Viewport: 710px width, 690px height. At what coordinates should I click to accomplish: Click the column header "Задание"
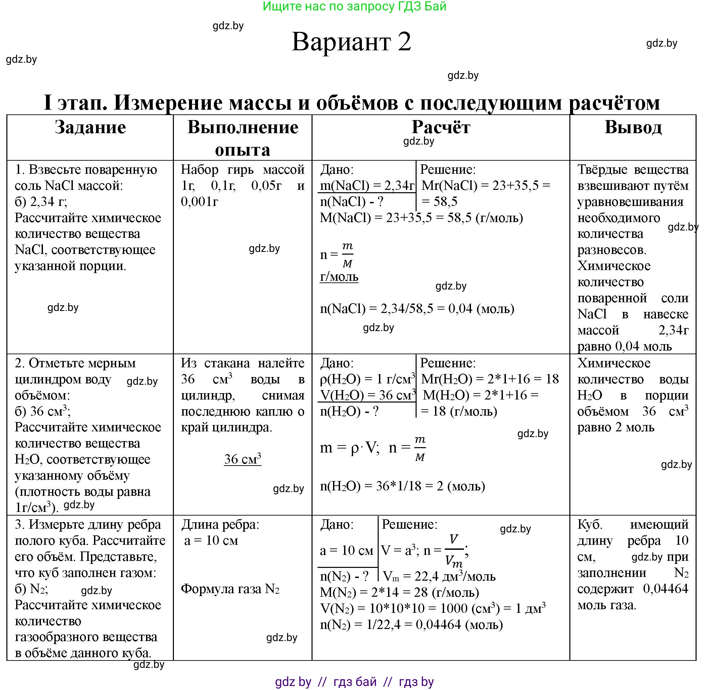(90, 127)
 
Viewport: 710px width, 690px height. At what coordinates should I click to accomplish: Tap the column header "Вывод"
(633, 127)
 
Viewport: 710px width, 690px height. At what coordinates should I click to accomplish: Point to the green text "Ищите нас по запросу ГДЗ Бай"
(354, 6)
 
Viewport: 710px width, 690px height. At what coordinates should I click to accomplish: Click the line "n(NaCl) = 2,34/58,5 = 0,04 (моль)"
(417, 308)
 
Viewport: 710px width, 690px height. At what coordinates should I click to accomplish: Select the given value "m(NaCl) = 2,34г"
(367, 185)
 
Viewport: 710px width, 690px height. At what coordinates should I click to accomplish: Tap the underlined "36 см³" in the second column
(243, 459)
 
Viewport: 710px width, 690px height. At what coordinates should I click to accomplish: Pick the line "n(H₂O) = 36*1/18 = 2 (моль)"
(402, 486)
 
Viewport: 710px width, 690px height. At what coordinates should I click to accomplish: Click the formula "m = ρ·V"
(349, 448)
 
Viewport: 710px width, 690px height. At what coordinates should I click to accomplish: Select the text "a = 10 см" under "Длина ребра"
(211, 540)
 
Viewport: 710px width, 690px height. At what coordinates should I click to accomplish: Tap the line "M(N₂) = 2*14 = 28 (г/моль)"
(399, 592)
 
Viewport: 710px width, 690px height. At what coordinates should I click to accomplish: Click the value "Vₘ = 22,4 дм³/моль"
(439, 576)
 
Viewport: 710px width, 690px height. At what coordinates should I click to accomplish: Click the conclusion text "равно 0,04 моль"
(624, 346)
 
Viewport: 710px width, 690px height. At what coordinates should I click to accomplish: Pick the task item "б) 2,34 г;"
(41, 202)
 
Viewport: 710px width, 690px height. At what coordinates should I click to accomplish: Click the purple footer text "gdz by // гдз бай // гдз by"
(354, 682)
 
